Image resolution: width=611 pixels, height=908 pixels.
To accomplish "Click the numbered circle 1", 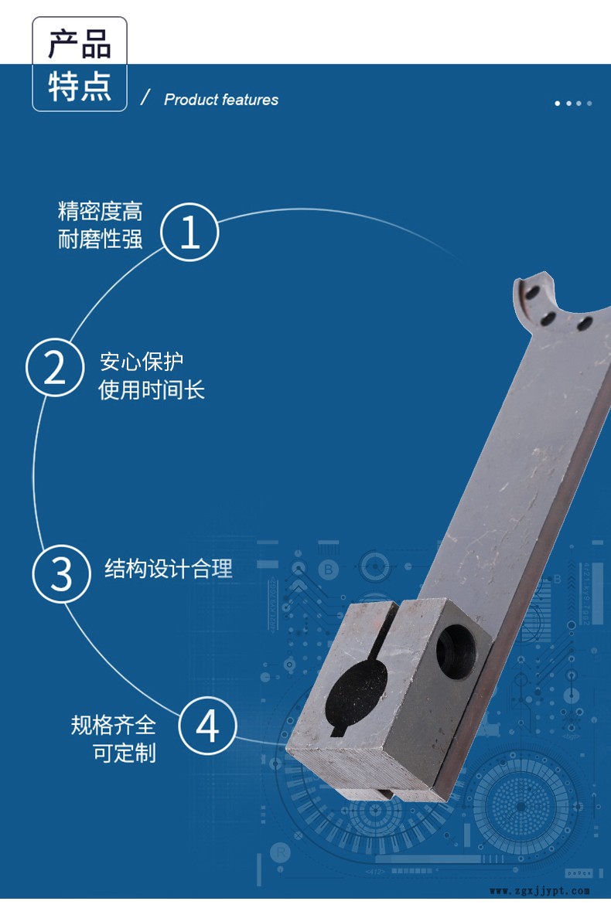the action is pyautogui.click(x=189, y=232).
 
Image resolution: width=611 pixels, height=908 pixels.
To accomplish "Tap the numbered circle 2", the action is pyautogui.click(x=55, y=367).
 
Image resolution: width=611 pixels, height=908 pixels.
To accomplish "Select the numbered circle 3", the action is pyautogui.click(x=61, y=573).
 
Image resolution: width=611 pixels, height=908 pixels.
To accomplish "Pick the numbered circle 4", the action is pyautogui.click(x=207, y=726).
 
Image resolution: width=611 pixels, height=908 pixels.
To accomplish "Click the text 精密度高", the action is pyautogui.click(x=101, y=212).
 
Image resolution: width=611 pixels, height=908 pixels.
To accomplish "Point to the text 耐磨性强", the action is pyautogui.click(x=101, y=239).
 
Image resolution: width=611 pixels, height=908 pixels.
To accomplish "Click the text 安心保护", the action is pyautogui.click(x=142, y=362).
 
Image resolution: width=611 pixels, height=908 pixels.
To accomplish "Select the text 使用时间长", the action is pyautogui.click(x=152, y=389).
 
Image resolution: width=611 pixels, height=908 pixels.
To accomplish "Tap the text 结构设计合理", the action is pyautogui.click(x=169, y=569).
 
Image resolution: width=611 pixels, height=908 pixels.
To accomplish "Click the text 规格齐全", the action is pyautogui.click(x=114, y=725).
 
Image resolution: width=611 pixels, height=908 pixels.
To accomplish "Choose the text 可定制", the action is pyautogui.click(x=125, y=753).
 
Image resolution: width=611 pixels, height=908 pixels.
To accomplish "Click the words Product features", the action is pyautogui.click(x=221, y=100).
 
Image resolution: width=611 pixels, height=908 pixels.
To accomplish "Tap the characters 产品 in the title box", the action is pyautogui.click(x=80, y=44).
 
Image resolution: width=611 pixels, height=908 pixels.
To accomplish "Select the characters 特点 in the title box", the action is pyautogui.click(x=80, y=87).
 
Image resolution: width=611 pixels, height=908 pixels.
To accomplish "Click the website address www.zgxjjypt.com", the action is pyautogui.click(x=540, y=891).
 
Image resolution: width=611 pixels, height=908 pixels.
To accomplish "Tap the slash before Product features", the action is pyautogui.click(x=145, y=97).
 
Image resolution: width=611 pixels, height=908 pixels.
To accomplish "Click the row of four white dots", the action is pyautogui.click(x=573, y=104).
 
